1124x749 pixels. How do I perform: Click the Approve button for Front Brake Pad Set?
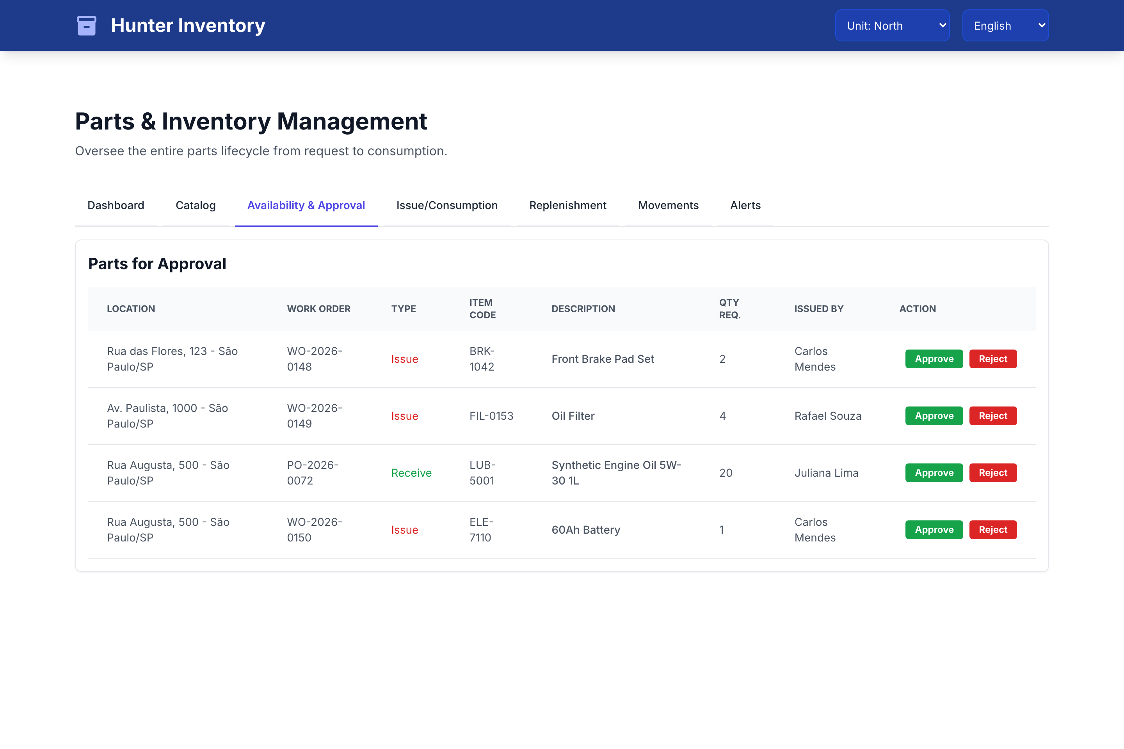(x=934, y=359)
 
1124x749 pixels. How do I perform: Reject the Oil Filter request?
(x=992, y=415)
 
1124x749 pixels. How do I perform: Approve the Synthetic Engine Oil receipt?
(x=934, y=472)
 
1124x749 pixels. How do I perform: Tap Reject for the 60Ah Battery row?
(x=992, y=529)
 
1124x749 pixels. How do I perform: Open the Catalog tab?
(x=196, y=206)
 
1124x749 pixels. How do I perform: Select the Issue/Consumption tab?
(x=447, y=206)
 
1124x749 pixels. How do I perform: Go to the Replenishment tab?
(x=568, y=206)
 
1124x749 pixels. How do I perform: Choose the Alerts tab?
(x=745, y=206)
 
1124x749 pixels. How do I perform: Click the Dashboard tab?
(x=116, y=206)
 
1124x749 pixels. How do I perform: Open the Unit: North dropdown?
(x=892, y=25)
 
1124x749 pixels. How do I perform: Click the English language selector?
(x=1005, y=25)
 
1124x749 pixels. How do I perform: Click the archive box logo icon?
(x=87, y=25)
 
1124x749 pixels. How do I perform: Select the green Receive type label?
(x=411, y=473)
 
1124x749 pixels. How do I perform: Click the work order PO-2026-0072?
(x=313, y=473)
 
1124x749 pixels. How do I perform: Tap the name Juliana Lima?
(x=826, y=473)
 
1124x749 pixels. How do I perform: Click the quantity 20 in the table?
(x=726, y=473)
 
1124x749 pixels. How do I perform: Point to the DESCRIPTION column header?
(x=583, y=309)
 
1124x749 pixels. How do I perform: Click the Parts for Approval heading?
(x=157, y=264)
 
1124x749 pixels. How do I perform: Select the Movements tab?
(x=668, y=206)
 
